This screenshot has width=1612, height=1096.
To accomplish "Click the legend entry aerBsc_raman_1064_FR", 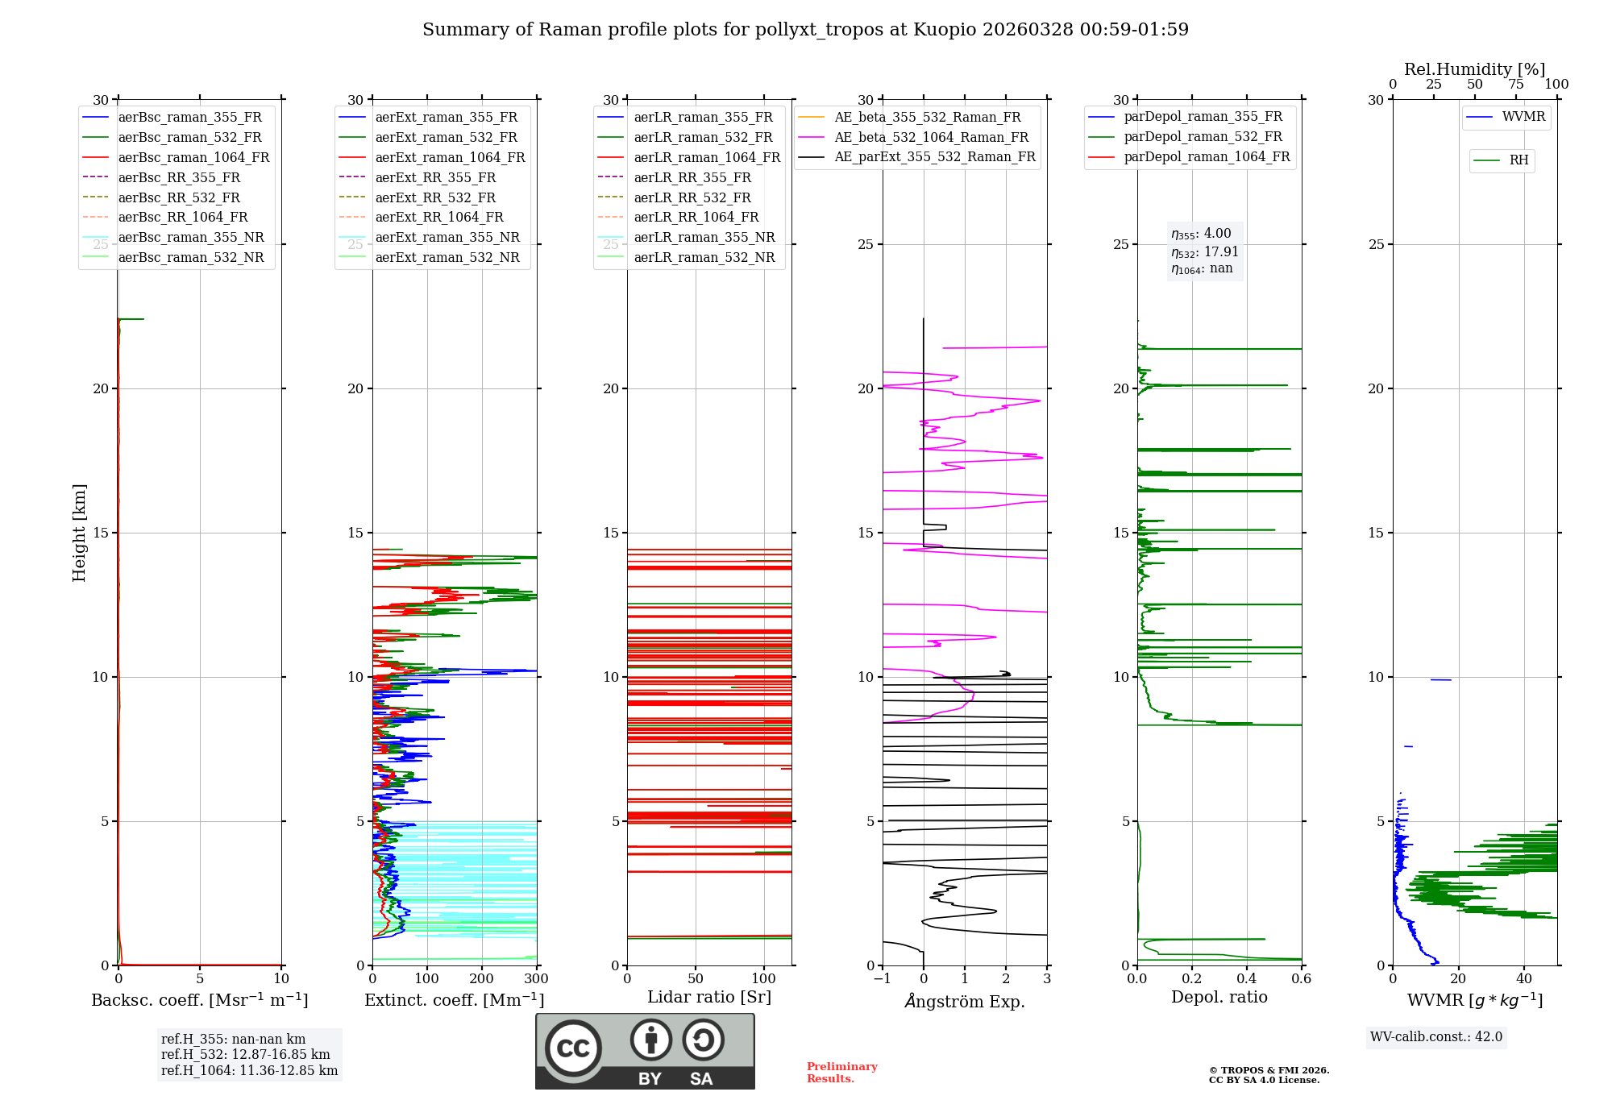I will pos(193,158).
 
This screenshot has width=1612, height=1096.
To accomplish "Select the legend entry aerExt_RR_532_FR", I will pos(435,197).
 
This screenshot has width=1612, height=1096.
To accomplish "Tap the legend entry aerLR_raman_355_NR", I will pos(704,238).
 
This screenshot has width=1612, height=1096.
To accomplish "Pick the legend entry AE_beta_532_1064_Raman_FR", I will pos(931,138).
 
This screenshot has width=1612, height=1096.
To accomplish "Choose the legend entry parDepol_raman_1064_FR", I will pos(1207,157).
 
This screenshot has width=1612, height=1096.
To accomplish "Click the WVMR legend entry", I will pos(1523,117).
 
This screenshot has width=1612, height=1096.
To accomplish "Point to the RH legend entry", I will pos(1519,160).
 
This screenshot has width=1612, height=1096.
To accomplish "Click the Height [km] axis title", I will pos(79,533).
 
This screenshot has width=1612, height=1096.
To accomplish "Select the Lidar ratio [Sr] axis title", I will pos(709,997).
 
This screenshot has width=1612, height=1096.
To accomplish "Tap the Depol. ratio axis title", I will pos(1219,997).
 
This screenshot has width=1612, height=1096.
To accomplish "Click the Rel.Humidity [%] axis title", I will pos(1474,69).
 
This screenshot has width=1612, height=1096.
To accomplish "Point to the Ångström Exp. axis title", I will pos(965,1002).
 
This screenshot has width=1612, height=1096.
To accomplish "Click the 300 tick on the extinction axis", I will pos(537,979).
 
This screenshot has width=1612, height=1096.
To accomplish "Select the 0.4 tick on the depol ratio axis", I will pos(1247,979).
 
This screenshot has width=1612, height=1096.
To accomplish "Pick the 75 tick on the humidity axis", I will pos(1516,85).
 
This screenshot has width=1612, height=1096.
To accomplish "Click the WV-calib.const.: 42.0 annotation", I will pos(1436,1037).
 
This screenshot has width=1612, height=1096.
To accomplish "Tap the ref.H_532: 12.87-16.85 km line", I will pos(246,1055).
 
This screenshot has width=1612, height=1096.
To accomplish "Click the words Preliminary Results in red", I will pos(841,1073).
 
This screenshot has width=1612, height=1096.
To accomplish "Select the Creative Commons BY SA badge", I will pos(645,1052).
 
